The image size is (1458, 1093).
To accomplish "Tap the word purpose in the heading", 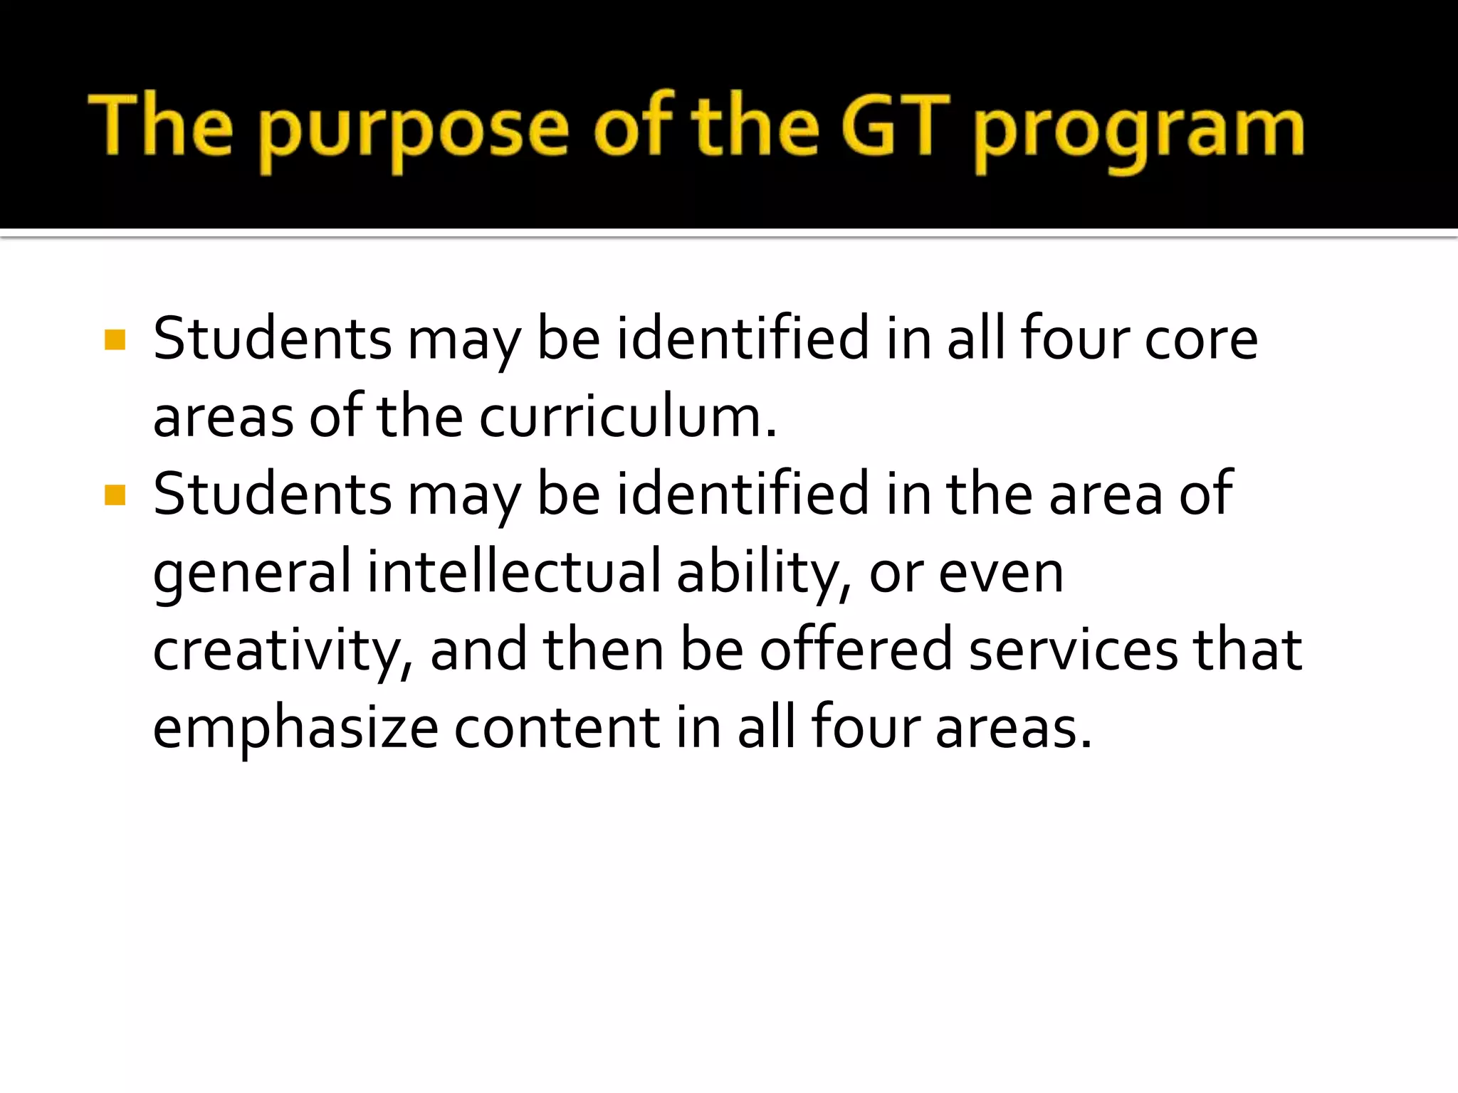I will pyautogui.click(x=413, y=132).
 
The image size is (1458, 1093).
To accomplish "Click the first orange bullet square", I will pyautogui.click(x=115, y=339).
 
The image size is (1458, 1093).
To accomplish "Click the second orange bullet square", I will pyautogui.click(x=115, y=495).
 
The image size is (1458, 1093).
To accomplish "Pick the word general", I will pyautogui.click(x=252, y=573).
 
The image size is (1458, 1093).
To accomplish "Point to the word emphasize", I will pyautogui.click(x=295, y=729).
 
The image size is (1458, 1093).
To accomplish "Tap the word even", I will pyautogui.click(x=1000, y=573).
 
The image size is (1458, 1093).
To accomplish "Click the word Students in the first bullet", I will pyautogui.click(x=272, y=339).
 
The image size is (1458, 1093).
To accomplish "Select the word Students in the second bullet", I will pyautogui.click(x=272, y=495).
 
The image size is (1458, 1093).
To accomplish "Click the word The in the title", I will pyautogui.click(x=161, y=125).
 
